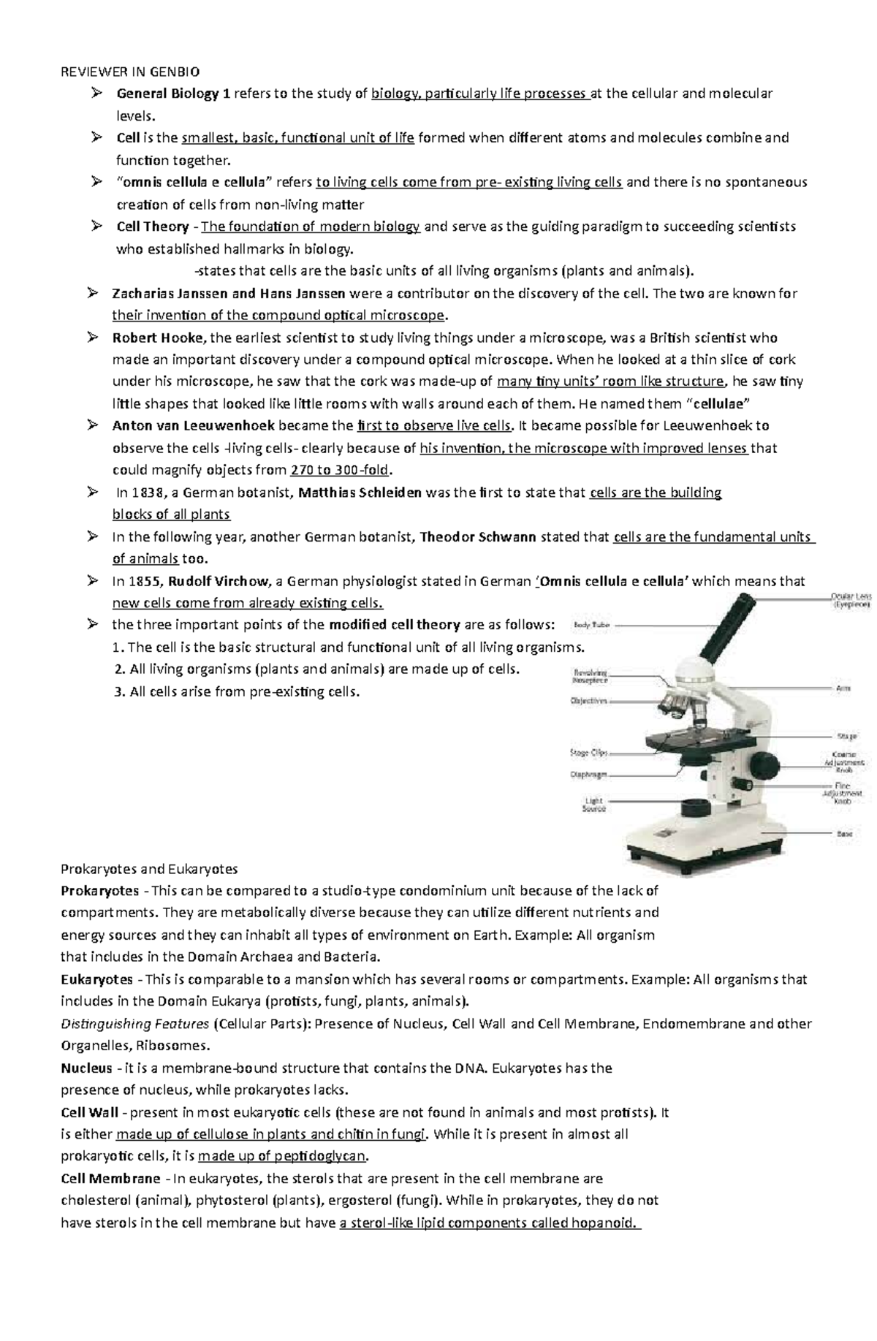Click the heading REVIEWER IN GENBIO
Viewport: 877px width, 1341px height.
(129, 71)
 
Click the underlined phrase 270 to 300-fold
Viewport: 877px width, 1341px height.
(341, 470)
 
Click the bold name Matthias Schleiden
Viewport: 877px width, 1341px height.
(360, 493)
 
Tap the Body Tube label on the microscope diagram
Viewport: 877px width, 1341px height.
(591, 625)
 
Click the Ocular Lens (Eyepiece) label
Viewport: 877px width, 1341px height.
(850, 601)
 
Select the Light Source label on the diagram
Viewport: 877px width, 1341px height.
(593, 805)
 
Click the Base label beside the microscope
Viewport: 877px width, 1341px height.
(843, 833)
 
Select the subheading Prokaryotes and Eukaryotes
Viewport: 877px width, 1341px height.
(149, 869)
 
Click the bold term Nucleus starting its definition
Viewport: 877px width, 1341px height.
(86, 1068)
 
